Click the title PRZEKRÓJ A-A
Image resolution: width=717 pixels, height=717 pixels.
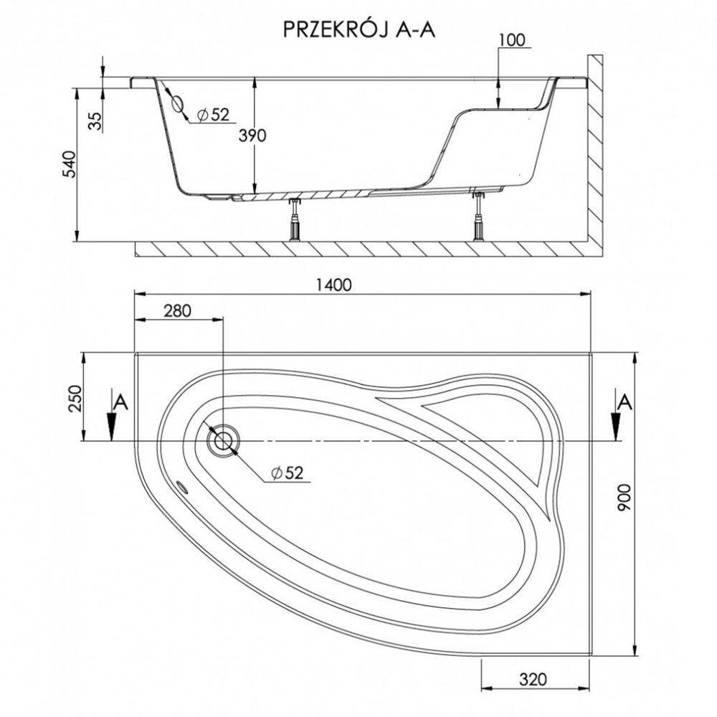(x=359, y=29)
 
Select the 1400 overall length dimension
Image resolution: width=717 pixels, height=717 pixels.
(x=334, y=285)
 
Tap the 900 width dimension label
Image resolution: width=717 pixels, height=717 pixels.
(x=625, y=498)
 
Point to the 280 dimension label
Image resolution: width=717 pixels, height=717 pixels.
(x=177, y=311)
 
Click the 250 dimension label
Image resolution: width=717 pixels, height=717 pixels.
(x=75, y=399)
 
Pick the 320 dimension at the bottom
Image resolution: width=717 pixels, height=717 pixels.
(x=533, y=680)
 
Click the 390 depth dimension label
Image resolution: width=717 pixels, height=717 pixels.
(x=252, y=136)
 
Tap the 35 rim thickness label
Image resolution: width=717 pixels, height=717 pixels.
(x=95, y=121)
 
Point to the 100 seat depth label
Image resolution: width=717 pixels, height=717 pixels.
(x=512, y=39)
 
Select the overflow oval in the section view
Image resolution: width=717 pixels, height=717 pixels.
(x=177, y=105)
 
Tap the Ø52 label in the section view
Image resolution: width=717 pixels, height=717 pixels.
(x=213, y=114)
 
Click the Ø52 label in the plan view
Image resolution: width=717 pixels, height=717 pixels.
(x=288, y=473)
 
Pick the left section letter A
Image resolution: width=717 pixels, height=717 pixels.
(x=120, y=402)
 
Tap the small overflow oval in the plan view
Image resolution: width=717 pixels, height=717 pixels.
(x=182, y=487)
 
